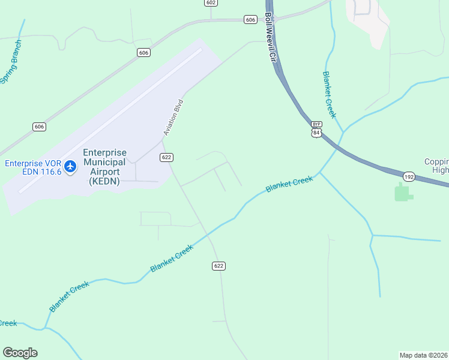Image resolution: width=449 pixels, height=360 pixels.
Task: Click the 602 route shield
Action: tap(210, 3)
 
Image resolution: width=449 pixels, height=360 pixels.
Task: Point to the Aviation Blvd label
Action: tap(173, 117)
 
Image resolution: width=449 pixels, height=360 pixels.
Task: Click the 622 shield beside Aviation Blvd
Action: tap(167, 157)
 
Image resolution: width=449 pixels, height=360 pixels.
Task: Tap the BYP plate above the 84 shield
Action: tap(316, 124)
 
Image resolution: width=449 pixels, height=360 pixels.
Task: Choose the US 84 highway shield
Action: tap(316, 132)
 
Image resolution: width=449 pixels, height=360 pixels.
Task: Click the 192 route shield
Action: tap(409, 177)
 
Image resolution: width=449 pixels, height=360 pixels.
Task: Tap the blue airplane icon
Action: tap(71, 166)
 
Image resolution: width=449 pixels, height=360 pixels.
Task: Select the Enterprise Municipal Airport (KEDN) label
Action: tap(104, 167)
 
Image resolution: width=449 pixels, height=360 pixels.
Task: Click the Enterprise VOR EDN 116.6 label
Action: tap(33, 167)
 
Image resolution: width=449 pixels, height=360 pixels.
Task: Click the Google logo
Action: tap(20, 353)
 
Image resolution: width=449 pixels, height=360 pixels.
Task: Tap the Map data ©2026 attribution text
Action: tap(424, 355)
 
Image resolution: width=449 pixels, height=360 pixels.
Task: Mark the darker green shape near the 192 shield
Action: tap(403, 193)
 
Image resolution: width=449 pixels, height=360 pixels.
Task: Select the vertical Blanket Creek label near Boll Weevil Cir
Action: tap(329, 94)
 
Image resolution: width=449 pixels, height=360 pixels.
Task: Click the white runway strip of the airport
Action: tap(110, 120)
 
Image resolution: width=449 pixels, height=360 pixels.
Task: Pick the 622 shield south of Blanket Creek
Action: tap(218, 266)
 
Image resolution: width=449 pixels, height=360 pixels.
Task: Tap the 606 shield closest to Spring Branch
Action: tap(39, 127)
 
